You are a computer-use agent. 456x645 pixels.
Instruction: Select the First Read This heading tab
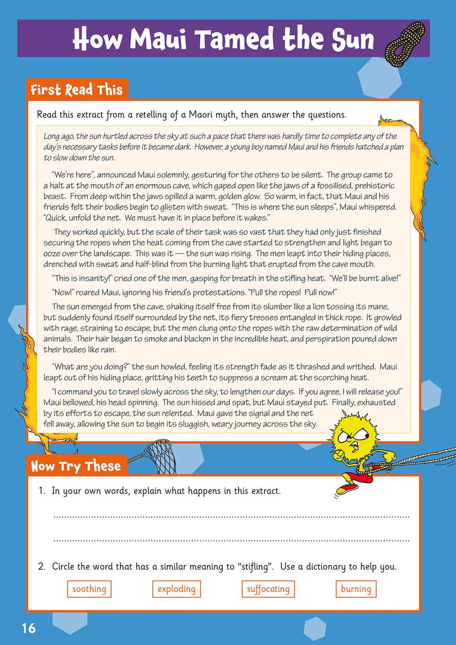click(x=76, y=90)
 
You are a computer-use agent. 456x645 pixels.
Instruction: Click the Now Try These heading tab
click(x=76, y=466)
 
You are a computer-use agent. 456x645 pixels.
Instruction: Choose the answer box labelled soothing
click(x=89, y=589)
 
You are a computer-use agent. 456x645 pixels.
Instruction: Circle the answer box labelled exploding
click(x=177, y=589)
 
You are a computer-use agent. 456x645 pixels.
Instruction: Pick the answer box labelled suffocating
click(x=268, y=589)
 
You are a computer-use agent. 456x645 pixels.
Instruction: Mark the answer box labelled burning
click(x=356, y=589)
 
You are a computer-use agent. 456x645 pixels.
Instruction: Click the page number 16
click(x=28, y=628)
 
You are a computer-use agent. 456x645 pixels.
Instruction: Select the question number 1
click(x=42, y=491)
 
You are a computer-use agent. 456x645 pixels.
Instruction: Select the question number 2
click(x=42, y=567)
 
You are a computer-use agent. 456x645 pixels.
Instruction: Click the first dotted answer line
click(x=231, y=516)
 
